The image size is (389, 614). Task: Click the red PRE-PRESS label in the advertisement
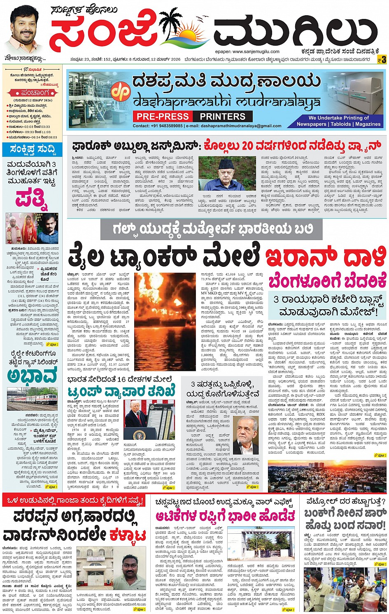[163, 117]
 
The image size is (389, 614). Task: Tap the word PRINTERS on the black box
[223, 117]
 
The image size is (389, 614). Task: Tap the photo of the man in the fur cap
[226, 173]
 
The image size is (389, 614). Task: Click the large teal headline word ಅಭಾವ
[32, 375]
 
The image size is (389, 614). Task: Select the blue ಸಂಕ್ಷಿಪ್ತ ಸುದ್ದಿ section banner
[32, 149]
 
